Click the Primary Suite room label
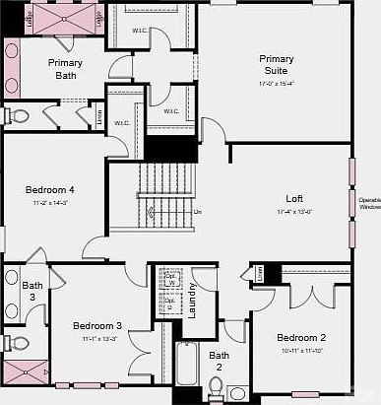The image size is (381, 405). [x=277, y=65]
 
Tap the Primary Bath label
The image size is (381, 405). [x=66, y=69]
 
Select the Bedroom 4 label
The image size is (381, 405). [x=49, y=190]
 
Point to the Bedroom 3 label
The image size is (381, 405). [x=97, y=325]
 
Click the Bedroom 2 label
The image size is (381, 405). [x=300, y=337]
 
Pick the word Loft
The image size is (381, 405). [x=294, y=198]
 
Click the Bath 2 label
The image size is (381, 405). [x=219, y=361]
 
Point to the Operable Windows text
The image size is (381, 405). [x=368, y=203]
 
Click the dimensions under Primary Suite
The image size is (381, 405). [x=277, y=84]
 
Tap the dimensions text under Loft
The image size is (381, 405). [x=294, y=212]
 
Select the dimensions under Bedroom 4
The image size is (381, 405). [x=49, y=204]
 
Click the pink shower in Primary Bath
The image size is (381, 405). [x=64, y=20]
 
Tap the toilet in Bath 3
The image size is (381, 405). [x=17, y=343]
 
